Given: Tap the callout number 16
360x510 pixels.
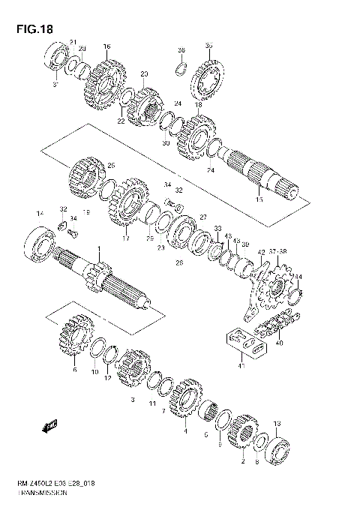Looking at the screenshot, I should [x=106, y=46].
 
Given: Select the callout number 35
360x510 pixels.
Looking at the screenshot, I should [x=208, y=45].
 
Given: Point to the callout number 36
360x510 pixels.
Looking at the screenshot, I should [x=181, y=50].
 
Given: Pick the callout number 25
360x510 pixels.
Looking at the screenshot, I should [x=111, y=166].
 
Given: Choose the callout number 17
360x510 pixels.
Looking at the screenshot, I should [x=126, y=238].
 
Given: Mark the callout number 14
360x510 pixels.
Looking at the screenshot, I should [x=40, y=215].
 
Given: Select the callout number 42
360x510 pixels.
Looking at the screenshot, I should [x=261, y=253].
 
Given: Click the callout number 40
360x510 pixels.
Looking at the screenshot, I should [x=280, y=343].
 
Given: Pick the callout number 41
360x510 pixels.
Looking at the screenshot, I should [x=241, y=365].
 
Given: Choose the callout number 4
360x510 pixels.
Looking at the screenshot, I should [x=185, y=430].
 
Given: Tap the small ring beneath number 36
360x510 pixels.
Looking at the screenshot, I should [x=180, y=70].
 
